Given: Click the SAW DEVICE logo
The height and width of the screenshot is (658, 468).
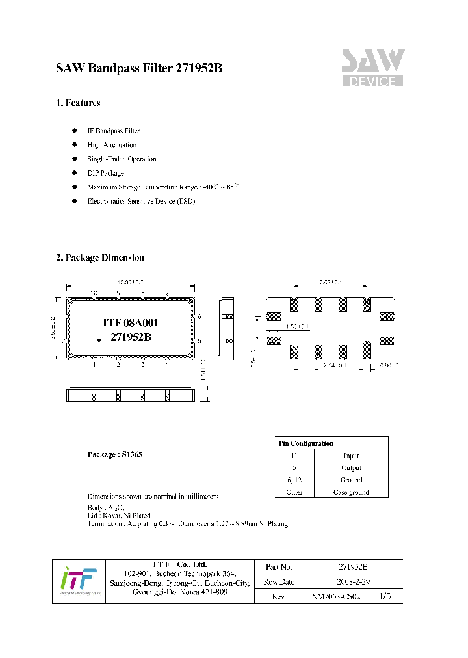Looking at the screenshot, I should tap(372, 68).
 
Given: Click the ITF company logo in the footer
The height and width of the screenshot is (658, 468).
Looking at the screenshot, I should tap(78, 581).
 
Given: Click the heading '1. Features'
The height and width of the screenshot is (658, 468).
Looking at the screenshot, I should tap(78, 103).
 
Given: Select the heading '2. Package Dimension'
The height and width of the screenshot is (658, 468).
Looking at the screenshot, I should tap(100, 257).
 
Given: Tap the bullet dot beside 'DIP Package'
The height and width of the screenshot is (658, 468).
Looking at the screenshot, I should tap(73, 173).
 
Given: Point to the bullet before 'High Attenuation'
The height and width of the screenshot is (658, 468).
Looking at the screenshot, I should tap(73, 145).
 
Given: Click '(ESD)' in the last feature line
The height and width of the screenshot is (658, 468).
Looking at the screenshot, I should tap(185, 202).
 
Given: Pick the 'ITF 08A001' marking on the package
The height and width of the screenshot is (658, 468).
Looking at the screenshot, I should tap(131, 322).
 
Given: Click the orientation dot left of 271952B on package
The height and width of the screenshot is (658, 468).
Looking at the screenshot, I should tap(99, 339).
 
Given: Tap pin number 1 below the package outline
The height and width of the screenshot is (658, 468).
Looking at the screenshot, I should tap(94, 365).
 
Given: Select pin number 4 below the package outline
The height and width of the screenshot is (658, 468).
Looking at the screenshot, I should tap(167, 365).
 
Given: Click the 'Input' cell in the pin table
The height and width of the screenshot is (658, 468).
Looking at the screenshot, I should tap(351, 456).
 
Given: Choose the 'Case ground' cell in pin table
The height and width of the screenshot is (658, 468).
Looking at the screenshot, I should tap(351, 492).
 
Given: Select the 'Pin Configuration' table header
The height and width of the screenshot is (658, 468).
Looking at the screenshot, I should tap(305, 443).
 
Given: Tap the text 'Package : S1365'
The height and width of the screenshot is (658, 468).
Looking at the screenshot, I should tap(114, 454).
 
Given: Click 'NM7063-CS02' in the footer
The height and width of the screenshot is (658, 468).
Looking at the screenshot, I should tap(335, 596).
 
